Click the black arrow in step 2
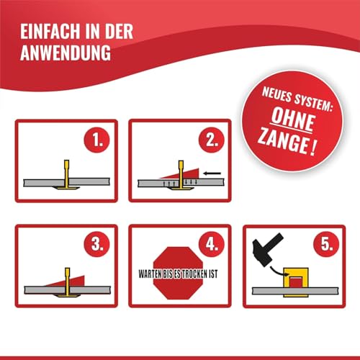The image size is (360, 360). [212, 173]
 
